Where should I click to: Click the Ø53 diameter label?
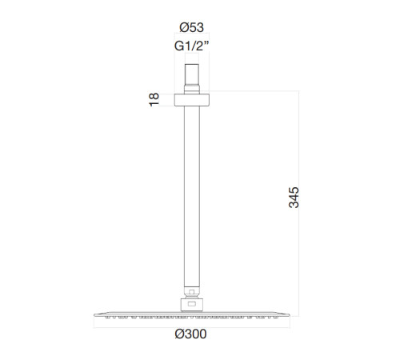[x=191, y=27]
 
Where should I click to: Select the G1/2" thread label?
[x=191, y=46]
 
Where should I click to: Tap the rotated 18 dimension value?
[x=154, y=100]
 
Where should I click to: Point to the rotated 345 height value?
[x=294, y=198]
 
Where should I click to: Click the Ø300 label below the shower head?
[x=190, y=334]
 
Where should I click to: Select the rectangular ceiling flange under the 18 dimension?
[x=192, y=100]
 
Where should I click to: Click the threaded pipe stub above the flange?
[x=192, y=78]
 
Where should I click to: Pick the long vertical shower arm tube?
[x=192, y=198]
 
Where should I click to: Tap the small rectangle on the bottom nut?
[x=192, y=304]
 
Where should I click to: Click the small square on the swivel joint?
[x=191, y=292]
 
